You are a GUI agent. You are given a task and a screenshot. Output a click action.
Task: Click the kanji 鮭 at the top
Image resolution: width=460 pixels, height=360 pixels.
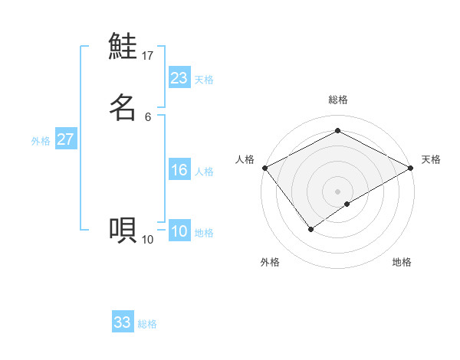[123, 47]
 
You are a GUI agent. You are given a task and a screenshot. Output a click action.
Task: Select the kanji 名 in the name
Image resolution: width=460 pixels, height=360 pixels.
[123, 107]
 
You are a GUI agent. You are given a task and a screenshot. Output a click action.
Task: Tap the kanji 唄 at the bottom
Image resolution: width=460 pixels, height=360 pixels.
[123, 229]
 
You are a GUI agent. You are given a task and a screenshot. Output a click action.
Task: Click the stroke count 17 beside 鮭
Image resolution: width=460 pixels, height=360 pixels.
[148, 55]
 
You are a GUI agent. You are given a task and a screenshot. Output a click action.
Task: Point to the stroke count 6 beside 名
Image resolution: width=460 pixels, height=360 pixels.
[148, 116]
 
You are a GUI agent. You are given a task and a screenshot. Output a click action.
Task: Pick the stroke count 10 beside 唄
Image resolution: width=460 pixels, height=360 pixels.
[148, 240]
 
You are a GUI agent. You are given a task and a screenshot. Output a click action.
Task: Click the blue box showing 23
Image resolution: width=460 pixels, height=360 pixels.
[179, 77]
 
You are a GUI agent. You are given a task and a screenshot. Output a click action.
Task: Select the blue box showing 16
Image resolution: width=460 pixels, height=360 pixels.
[179, 170]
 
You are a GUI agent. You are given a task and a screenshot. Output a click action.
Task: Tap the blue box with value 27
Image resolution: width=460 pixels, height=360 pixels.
[65, 139]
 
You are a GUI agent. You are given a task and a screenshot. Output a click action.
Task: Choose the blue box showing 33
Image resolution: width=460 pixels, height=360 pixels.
[123, 322]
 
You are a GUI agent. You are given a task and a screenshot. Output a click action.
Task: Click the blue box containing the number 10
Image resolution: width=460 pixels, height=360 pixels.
[179, 231]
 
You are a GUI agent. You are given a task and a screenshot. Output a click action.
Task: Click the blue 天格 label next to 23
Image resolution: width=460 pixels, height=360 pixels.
[204, 80]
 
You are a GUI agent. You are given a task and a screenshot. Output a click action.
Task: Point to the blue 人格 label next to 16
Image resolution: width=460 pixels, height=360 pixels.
[204, 172]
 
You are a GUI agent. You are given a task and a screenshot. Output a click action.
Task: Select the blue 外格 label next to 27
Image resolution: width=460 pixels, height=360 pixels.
[41, 141]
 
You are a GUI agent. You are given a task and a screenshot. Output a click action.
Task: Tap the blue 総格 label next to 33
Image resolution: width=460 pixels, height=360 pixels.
[147, 324]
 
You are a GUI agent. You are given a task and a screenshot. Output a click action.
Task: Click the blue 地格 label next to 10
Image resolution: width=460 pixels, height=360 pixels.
[204, 233]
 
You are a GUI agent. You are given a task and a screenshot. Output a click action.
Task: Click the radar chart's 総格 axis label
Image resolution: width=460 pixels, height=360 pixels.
[338, 100]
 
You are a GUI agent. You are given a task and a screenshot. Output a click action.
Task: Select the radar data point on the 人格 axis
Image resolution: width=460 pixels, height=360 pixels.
[264, 167]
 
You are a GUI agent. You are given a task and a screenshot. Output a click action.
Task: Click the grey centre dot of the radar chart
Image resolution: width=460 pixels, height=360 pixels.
[338, 191]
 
